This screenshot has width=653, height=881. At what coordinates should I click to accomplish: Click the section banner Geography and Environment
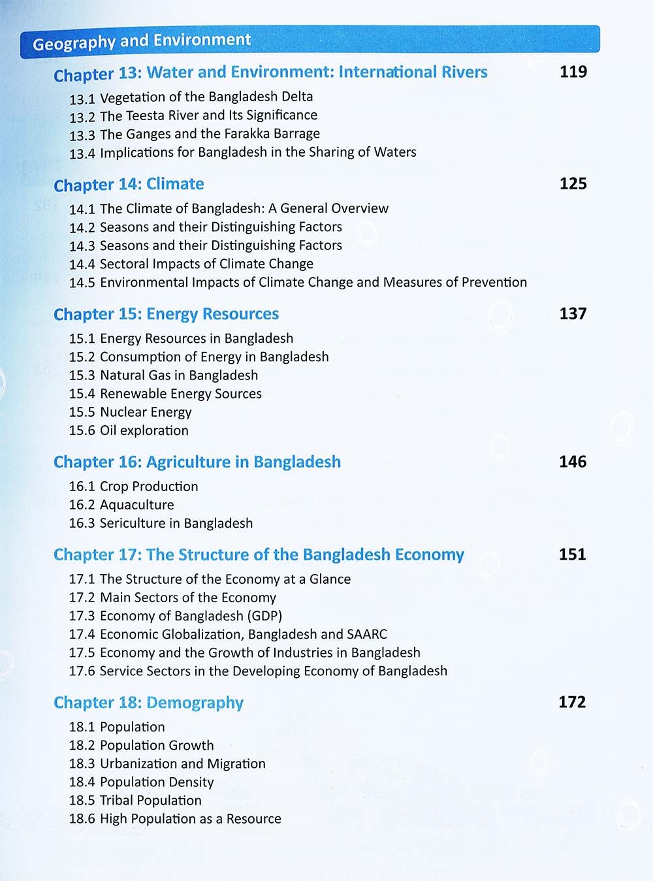click(142, 42)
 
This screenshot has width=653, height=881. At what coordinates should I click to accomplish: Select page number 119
click(573, 72)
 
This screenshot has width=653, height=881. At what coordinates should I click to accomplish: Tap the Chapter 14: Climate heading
click(129, 184)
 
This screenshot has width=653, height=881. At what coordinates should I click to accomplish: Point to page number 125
click(573, 184)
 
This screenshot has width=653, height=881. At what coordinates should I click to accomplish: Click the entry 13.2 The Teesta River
click(193, 116)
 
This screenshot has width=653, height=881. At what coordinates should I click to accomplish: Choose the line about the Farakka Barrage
click(195, 134)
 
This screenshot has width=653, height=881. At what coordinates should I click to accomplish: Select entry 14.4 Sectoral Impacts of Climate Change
click(191, 264)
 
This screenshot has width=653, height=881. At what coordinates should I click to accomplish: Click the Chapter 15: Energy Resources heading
click(166, 314)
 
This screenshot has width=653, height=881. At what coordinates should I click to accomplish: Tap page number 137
click(573, 313)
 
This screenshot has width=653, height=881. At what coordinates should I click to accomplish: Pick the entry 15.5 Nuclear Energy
click(131, 412)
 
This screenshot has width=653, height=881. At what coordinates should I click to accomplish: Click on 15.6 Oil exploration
click(129, 430)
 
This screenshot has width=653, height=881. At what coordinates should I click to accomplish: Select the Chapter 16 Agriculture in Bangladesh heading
click(197, 462)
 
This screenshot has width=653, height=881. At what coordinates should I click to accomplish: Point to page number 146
click(573, 462)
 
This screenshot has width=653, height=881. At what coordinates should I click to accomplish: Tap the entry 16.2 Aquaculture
click(121, 505)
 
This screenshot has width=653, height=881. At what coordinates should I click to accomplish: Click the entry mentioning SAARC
click(228, 634)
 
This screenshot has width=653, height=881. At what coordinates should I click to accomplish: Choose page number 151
click(573, 554)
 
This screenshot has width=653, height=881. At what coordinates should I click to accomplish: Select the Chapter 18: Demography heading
click(148, 703)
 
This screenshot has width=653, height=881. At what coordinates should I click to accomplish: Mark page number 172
click(573, 702)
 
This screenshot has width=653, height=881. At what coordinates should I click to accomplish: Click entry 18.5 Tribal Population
click(135, 801)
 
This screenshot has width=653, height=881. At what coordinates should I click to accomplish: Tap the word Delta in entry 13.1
click(297, 97)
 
